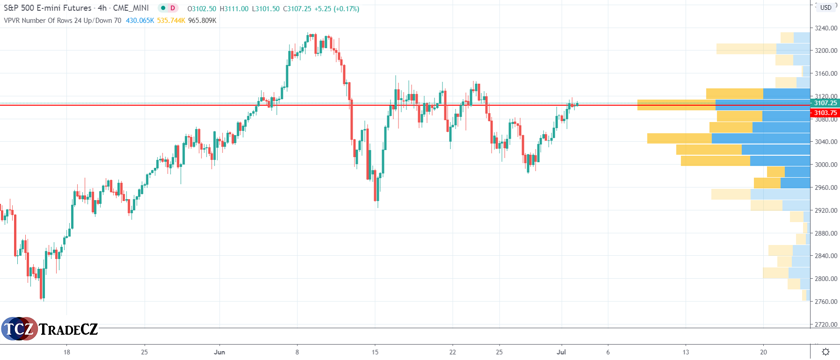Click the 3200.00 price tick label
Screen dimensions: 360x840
(826, 50)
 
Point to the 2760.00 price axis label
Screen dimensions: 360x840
(826, 302)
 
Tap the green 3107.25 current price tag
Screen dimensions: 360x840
(826, 103)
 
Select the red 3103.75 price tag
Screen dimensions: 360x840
(826, 113)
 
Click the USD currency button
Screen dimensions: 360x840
(826, 7)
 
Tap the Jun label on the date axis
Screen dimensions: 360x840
(219, 352)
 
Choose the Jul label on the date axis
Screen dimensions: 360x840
(561, 352)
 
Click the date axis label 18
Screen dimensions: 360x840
(67, 352)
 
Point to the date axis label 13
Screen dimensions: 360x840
(686, 352)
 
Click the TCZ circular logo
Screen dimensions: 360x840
(19, 329)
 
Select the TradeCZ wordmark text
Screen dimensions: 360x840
(68, 329)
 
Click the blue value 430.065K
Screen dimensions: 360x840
(140, 21)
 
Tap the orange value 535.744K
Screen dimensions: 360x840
(171, 21)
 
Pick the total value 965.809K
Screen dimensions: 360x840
(202, 21)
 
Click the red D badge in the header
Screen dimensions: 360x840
(173, 8)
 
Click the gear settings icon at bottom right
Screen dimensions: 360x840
(826, 352)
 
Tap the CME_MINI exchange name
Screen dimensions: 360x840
(131, 8)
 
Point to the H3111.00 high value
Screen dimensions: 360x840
(234, 9)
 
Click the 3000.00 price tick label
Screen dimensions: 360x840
(826, 165)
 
